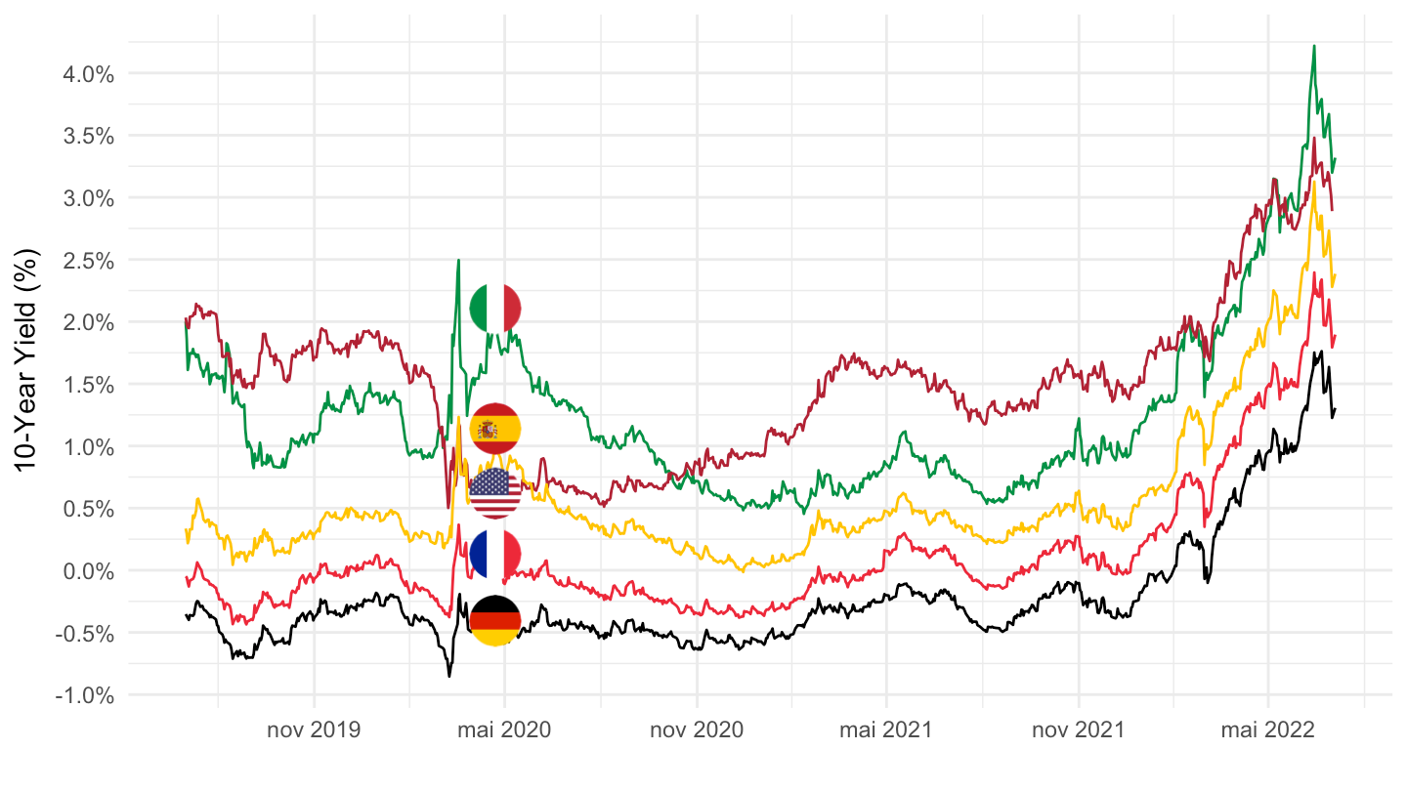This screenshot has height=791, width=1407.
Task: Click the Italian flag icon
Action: point(495,308)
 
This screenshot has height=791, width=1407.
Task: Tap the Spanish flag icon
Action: point(495,429)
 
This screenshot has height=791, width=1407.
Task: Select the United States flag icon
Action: point(495,492)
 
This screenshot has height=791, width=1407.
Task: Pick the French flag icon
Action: point(495,554)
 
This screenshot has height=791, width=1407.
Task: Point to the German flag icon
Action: point(495,620)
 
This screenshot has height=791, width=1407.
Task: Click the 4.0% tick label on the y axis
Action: point(87,73)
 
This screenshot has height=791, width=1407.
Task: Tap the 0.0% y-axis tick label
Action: point(87,571)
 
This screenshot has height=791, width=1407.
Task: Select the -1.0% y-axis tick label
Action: point(84,695)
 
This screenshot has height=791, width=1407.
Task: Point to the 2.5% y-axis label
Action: point(87,260)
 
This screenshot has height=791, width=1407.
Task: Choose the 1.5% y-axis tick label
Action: point(87,385)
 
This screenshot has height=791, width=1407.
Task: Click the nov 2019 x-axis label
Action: point(314,730)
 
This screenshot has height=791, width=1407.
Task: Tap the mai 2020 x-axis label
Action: point(504,730)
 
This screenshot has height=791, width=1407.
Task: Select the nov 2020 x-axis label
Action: point(697,730)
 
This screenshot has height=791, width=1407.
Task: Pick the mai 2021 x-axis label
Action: point(886,730)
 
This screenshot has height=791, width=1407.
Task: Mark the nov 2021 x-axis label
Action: point(1078,730)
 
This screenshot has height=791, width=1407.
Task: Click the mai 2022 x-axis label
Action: point(1267,730)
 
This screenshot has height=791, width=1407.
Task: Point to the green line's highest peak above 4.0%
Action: point(1314,46)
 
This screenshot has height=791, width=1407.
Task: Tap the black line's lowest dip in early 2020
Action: point(449,675)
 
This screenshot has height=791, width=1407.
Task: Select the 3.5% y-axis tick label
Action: point(87,136)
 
